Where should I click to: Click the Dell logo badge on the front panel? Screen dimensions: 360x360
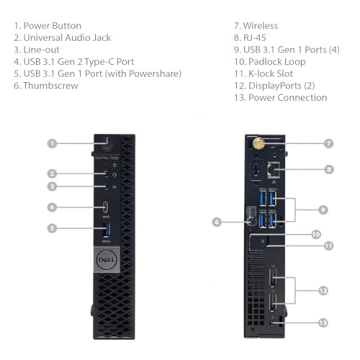[x=107, y=260]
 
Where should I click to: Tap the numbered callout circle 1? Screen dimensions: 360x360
[x=52, y=144]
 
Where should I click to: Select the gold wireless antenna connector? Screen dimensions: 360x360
[x=258, y=144]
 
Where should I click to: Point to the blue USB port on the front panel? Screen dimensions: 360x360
[x=107, y=230]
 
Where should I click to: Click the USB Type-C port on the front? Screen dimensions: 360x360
[x=106, y=207]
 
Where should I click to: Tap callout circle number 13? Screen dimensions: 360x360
[x=323, y=323]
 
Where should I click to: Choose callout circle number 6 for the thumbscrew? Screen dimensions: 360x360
[x=217, y=222]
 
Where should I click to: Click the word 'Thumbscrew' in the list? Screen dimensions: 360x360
[x=51, y=86]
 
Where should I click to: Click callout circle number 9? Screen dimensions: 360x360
[x=323, y=210]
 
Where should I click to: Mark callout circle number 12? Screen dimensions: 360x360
[x=323, y=291]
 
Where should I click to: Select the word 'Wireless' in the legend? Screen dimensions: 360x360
[x=260, y=26]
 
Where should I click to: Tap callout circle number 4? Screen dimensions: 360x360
[x=52, y=207]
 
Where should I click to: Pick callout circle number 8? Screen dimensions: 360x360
[x=329, y=169]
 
